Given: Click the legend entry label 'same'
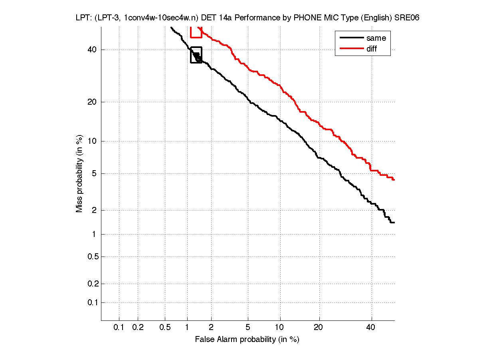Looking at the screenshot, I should click(376, 38).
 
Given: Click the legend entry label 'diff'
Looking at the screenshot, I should click(372, 49).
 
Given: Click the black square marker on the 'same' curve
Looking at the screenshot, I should click(196, 55).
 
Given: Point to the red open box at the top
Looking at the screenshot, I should click(196, 32).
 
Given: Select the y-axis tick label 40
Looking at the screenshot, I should click(92, 50).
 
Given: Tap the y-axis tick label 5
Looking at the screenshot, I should click(94, 173).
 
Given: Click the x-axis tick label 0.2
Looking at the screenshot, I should click(138, 328).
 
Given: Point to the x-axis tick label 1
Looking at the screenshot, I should click(187, 328).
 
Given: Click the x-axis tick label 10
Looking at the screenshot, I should click(280, 328).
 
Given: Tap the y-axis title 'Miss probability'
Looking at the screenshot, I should click(80, 173).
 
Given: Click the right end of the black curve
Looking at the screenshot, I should click(394, 223).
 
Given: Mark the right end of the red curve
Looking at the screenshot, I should click(394, 180).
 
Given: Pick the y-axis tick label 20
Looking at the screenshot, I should click(92, 102).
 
